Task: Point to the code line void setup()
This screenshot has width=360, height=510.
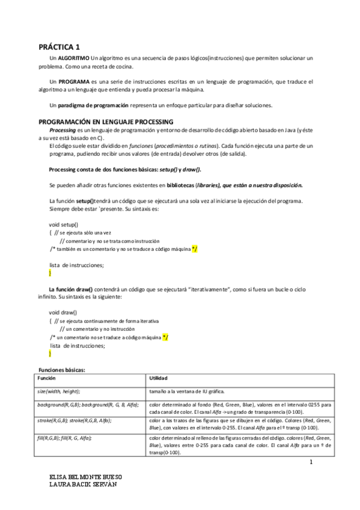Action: click(x=63, y=223)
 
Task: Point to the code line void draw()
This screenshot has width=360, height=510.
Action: click(x=63, y=313)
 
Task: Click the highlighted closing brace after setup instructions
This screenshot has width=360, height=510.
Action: click(x=50, y=272)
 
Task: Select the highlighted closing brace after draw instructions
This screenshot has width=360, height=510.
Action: click(x=50, y=354)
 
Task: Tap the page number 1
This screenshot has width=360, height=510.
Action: click(x=311, y=462)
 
